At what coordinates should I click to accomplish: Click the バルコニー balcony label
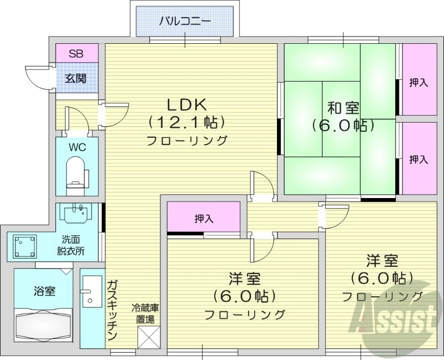pos(185,22)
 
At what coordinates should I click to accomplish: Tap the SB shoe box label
pos(77,54)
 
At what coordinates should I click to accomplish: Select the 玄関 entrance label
pos(76,78)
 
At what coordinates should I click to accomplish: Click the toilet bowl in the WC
pos(76,169)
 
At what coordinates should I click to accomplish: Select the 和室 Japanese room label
pos(342,107)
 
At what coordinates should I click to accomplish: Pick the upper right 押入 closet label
pos(418,83)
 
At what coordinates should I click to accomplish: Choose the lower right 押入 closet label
pos(418,159)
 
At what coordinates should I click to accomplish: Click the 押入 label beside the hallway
pos(204,219)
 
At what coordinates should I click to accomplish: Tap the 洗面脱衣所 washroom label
pos(73,245)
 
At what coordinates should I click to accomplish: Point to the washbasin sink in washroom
pos(77,214)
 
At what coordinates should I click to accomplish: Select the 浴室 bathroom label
pos(44,291)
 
